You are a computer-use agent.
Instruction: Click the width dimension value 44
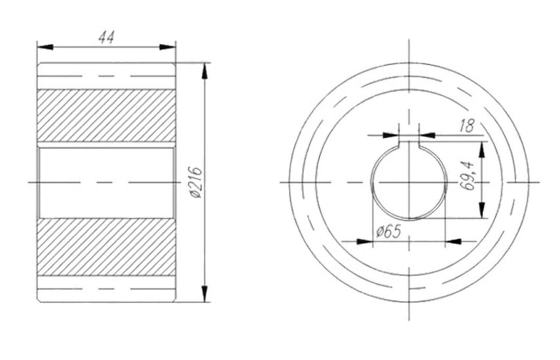click(x=106, y=37)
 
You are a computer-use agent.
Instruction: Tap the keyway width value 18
click(x=467, y=126)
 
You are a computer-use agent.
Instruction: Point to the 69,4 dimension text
click(x=468, y=176)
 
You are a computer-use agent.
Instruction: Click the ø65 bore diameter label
click(x=388, y=232)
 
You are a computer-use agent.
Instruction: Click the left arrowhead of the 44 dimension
click(x=45, y=47)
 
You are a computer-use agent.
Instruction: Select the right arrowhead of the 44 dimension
click(x=167, y=47)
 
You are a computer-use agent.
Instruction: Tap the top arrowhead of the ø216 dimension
click(x=204, y=71)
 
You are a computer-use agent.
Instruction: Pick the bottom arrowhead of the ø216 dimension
click(x=204, y=294)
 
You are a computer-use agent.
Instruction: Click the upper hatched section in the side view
click(x=106, y=115)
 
